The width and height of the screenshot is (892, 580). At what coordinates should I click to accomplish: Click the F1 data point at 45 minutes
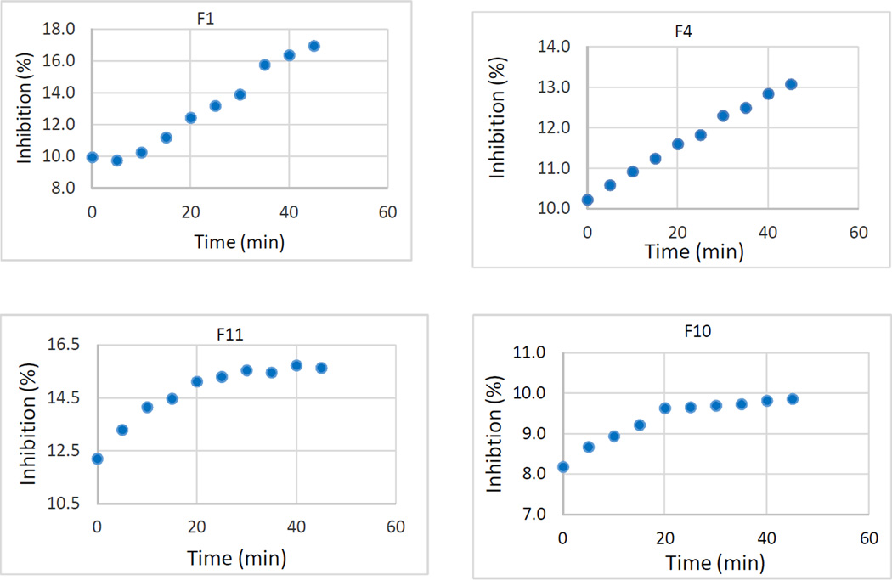(313, 46)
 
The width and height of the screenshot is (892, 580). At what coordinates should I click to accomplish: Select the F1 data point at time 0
(92, 157)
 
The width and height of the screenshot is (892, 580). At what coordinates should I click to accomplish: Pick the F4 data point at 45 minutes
(791, 84)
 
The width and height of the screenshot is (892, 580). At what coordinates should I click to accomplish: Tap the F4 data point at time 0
(587, 200)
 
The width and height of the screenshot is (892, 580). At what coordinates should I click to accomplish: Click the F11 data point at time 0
(97, 459)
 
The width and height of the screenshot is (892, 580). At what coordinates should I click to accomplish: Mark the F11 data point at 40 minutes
(296, 365)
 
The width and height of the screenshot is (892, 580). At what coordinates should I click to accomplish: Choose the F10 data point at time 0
(562, 466)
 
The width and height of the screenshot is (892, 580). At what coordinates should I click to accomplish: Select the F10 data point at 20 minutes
(664, 408)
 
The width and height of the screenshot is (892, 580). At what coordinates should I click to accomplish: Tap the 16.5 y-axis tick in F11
(62, 345)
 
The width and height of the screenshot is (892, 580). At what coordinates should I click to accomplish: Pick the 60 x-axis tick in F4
(858, 232)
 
